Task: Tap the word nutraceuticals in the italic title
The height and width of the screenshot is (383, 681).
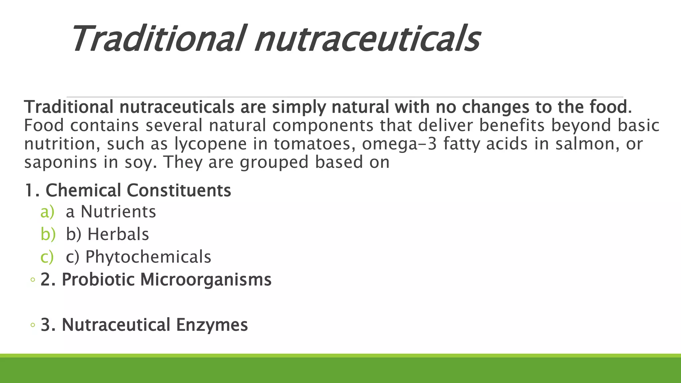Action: (367, 39)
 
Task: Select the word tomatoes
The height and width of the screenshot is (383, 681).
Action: (314, 144)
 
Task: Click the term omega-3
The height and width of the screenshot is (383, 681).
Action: (399, 144)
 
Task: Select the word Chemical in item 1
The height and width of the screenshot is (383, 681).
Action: (83, 191)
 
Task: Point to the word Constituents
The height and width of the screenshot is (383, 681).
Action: (179, 191)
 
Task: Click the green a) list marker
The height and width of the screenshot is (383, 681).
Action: (47, 212)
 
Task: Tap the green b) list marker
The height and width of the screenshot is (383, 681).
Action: (48, 234)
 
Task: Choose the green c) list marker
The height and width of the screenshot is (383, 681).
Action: (47, 257)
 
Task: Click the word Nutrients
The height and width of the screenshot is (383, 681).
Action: (118, 212)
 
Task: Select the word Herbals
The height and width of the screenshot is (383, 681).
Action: (118, 234)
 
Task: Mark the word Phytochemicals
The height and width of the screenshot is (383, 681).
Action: (148, 257)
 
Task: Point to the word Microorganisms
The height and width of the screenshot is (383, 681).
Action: (206, 280)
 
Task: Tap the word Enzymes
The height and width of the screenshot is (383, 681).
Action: (212, 325)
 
